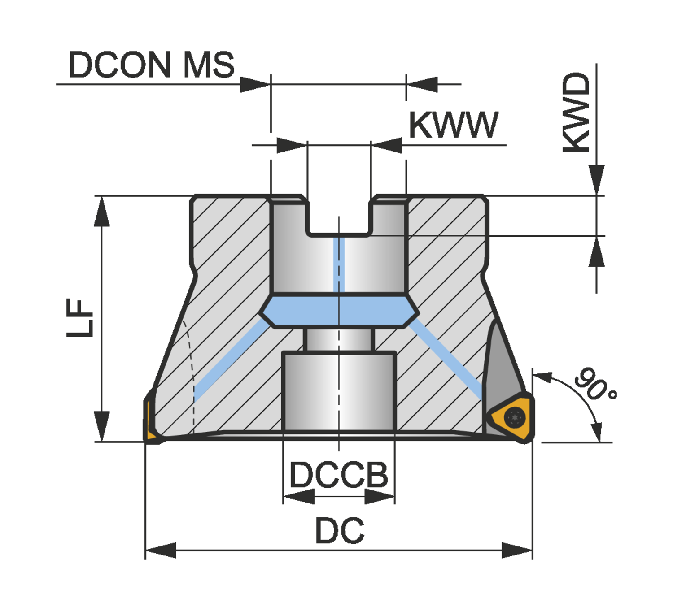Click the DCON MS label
tap(151, 65)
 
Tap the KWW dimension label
tap(453, 125)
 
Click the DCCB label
tap(339, 475)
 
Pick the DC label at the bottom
tap(340, 531)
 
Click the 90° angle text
tap(594, 384)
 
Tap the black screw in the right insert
tap(515, 418)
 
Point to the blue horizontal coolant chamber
tap(340, 311)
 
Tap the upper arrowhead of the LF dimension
tap(102, 211)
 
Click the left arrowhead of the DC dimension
tap(161, 550)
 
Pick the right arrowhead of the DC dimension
tap(517, 550)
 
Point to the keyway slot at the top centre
tap(339, 215)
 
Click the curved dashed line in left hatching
tap(191, 368)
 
